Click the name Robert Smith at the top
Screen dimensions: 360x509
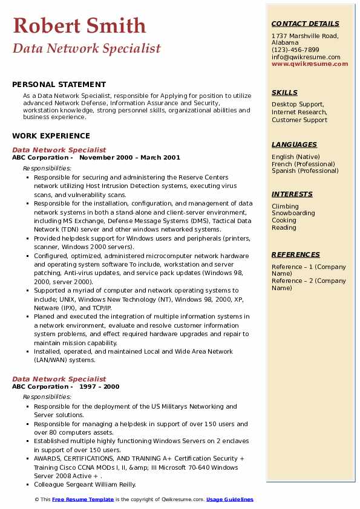pos(79,25)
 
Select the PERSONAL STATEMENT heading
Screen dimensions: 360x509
pos(59,85)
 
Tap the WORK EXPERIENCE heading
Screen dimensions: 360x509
pos(51,136)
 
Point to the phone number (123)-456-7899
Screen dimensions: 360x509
pos(295,50)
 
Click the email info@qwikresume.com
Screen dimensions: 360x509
pos(306,57)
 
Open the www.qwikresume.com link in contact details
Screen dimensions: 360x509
pos(310,64)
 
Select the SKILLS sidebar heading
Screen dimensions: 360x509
pos(284,93)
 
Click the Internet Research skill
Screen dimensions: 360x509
pos(299,112)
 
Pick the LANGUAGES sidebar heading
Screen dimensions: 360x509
pos(294,144)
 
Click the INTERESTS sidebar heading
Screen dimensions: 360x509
pos(292,194)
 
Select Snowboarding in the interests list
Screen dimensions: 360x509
pos(293,213)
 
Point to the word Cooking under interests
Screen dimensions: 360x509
pos(284,221)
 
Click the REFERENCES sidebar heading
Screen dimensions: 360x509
pos(295,254)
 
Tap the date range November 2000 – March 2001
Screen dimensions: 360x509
pos(129,158)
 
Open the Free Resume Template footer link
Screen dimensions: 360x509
pos(83,499)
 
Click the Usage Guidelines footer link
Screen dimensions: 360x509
pos(230,499)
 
